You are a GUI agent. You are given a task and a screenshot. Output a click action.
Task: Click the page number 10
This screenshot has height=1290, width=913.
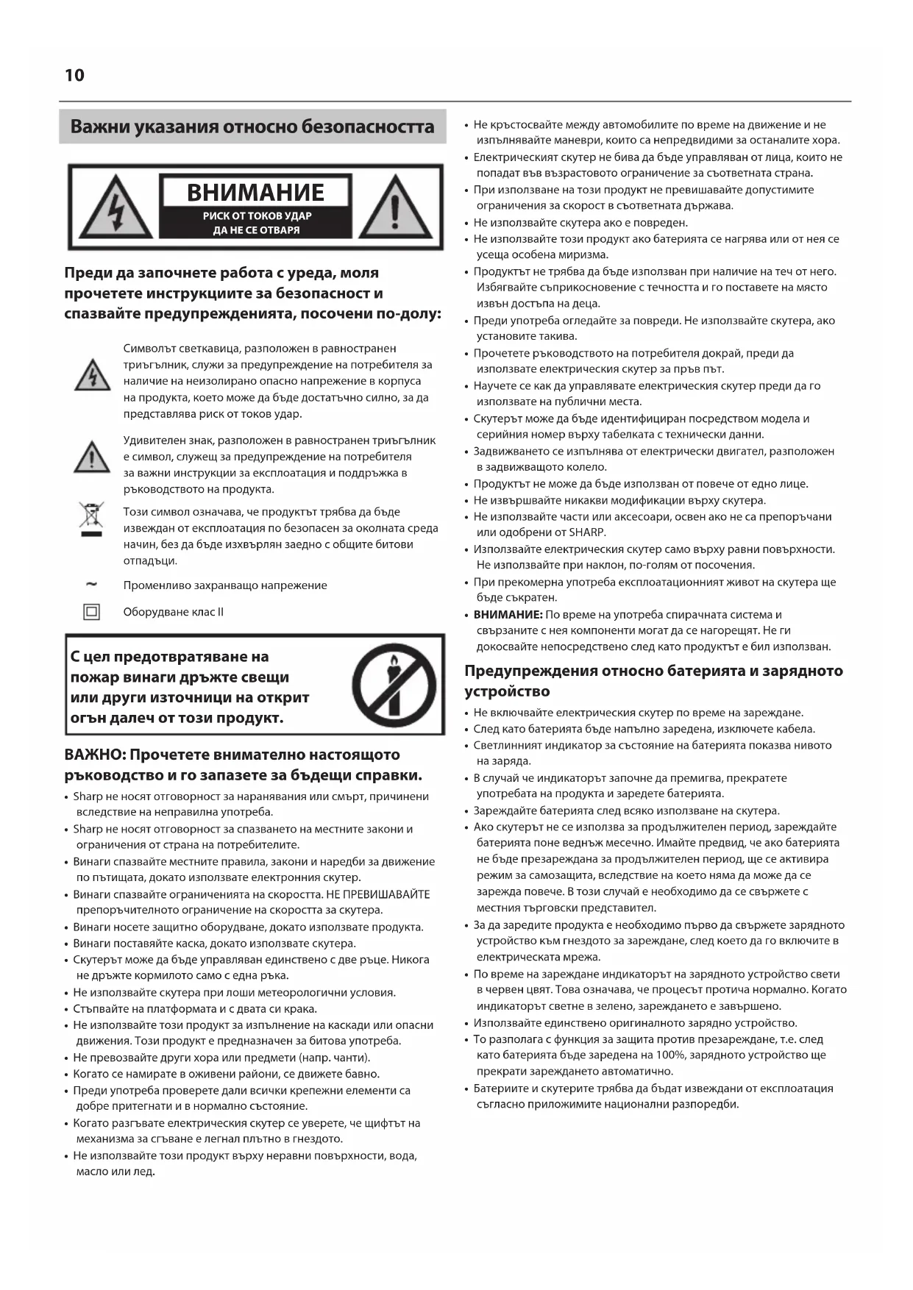pyautogui.click(x=74, y=76)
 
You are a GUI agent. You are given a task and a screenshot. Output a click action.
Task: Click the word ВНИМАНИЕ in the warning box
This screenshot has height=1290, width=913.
pyautogui.click(x=255, y=193)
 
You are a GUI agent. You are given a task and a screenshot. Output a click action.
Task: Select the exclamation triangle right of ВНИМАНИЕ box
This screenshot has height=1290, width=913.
pyautogui.click(x=395, y=207)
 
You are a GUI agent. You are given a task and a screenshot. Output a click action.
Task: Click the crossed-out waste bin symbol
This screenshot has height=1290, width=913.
pyautogui.click(x=91, y=519)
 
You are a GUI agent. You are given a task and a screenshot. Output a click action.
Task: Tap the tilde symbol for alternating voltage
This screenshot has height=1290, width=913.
pyautogui.click(x=91, y=585)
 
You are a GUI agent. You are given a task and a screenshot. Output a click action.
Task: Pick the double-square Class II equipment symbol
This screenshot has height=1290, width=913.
pyautogui.click(x=91, y=611)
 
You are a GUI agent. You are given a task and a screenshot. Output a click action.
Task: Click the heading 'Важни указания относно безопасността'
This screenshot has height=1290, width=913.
pyautogui.click(x=252, y=126)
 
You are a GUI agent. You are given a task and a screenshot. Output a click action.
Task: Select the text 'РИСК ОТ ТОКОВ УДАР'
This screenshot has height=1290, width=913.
pyautogui.click(x=257, y=216)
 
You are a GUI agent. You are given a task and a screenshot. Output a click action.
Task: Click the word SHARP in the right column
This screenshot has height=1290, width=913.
pyautogui.click(x=587, y=532)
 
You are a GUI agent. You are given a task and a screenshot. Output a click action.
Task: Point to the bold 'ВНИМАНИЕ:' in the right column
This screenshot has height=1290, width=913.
pyautogui.click(x=508, y=615)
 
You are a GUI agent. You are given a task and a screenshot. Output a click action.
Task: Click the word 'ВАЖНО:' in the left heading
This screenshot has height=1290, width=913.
pyautogui.click(x=93, y=755)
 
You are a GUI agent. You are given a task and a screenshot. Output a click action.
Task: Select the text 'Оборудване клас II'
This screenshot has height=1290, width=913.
pyautogui.click(x=174, y=612)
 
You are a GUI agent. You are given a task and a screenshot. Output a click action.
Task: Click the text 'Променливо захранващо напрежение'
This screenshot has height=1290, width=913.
pyautogui.click(x=225, y=585)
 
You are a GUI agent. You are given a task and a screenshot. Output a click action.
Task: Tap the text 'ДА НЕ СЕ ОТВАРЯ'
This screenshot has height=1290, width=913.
pyautogui.click(x=257, y=230)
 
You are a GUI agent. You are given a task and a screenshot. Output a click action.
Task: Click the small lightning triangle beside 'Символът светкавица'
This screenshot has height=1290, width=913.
pyautogui.click(x=93, y=376)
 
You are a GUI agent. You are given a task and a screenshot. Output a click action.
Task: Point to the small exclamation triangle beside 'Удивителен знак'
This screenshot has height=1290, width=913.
pyautogui.click(x=92, y=457)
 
